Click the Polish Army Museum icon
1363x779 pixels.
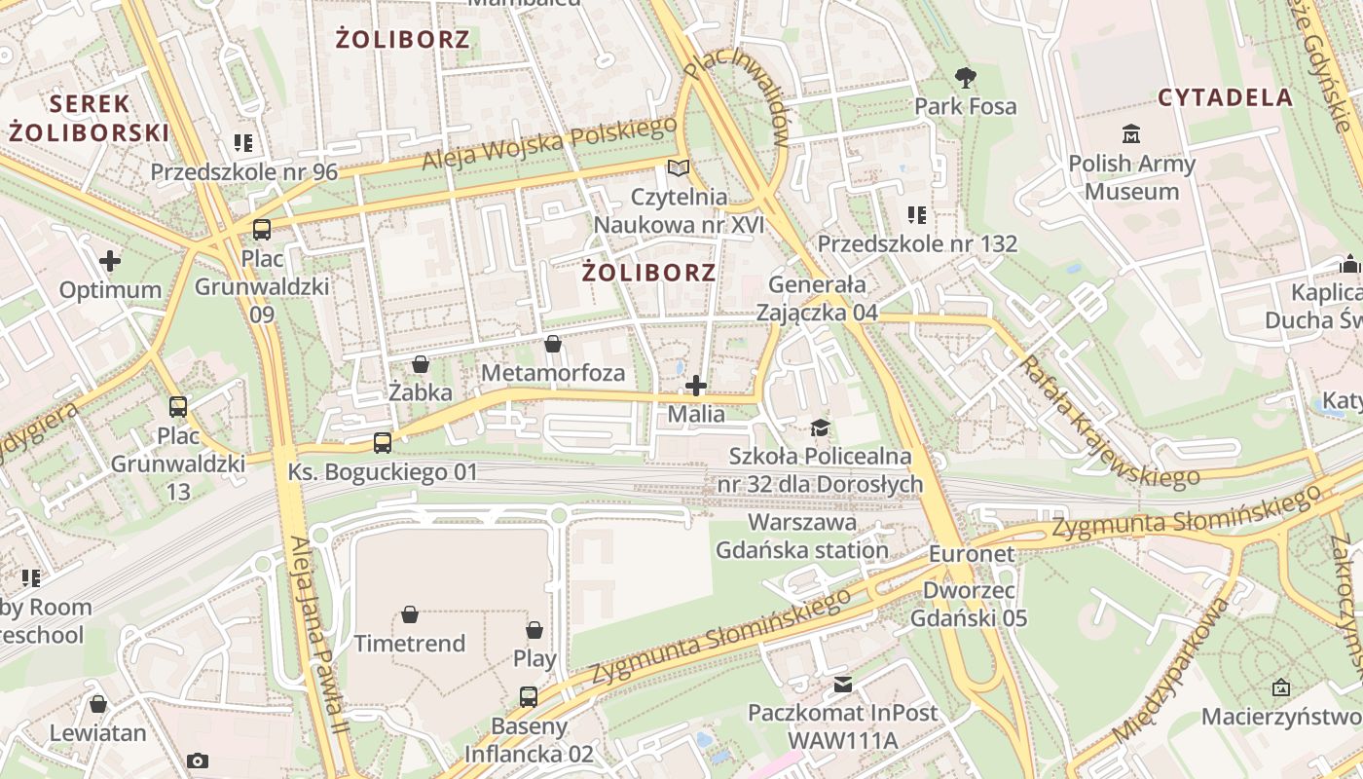pos(1130,134)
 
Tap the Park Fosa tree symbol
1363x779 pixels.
pos(965,77)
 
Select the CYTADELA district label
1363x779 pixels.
pos(1225,97)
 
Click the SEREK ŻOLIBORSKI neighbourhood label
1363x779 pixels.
pos(90,118)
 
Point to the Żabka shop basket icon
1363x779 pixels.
pos(421,365)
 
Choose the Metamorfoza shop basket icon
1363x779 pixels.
pos(553,344)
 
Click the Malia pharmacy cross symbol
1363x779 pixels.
pos(696,387)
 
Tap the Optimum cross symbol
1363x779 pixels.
pos(110,261)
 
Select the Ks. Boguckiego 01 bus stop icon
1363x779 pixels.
pos(383,443)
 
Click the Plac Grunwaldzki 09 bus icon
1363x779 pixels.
pos(262,230)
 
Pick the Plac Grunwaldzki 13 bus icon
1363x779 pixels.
pos(177,407)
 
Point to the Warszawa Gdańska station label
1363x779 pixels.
pos(802,537)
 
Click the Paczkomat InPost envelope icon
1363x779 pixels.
pos(842,685)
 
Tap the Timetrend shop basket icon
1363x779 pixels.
pos(410,614)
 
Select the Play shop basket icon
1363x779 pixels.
pos(534,630)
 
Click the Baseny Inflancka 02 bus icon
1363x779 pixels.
pos(529,696)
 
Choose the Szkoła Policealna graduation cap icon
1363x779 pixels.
pos(821,427)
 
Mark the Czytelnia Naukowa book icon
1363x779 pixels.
pos(679,167)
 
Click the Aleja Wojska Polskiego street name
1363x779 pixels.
pos(550,143)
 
